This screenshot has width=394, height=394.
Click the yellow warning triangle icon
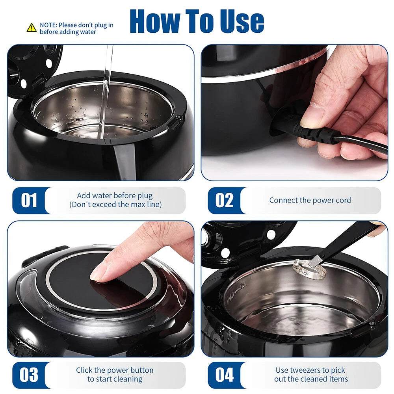click(32, 28)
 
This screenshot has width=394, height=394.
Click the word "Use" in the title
click(242, 21)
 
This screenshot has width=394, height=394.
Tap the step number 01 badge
click(29, 200)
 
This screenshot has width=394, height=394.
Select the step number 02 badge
click(224, 200)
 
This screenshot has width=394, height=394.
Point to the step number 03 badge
click(29, 375)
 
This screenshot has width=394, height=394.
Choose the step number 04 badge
click(225, 375)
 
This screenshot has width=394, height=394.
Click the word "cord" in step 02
click(342, 200)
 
